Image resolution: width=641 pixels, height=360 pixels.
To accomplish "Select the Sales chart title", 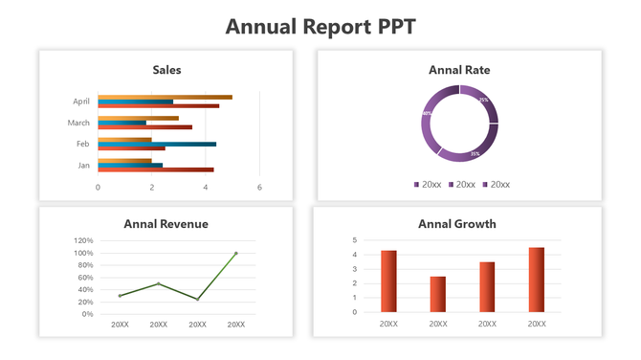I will tap(166, 70).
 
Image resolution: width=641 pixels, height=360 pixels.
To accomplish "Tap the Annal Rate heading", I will tap(459, 70).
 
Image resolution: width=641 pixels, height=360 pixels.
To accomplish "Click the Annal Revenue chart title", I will tap(166, 224).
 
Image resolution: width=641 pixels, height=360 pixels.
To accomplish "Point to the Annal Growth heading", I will tap(457, 224).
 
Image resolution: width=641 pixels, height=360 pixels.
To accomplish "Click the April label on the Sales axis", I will tap(80, 101).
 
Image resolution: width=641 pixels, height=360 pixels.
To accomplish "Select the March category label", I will tap(78, 123).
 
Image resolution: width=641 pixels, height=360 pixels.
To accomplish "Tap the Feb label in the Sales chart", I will tap(83, 144).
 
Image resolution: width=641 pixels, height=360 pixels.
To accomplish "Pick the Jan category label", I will tap(83, 165).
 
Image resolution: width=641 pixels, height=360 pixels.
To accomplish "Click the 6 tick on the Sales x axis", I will tap(259, 188).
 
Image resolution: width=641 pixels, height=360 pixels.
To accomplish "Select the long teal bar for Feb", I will tap(157, 144).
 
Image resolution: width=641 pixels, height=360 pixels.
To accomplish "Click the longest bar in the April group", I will tap(165, 97).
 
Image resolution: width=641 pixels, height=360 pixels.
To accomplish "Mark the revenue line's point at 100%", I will tap(236, 254).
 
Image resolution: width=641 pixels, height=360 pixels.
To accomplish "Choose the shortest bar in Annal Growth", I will tap(438, 294).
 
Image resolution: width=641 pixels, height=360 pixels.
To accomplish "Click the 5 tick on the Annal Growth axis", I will tap(354, 240).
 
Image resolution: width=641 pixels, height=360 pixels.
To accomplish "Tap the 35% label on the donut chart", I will tap(475, 154).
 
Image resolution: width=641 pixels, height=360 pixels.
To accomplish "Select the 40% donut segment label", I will tap(427, 114).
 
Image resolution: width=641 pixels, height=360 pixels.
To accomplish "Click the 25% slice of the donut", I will tap(484, 100).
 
